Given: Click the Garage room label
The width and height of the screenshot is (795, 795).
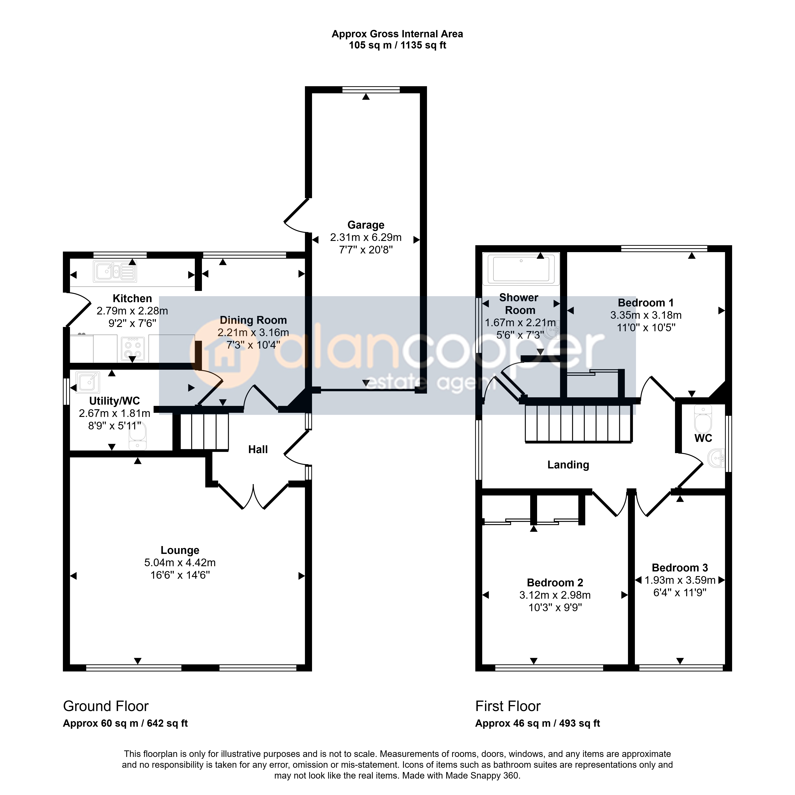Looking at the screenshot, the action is pyautogui.click(x=366, y=225).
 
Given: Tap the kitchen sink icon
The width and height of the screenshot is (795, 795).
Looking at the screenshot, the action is pyautogui.click(x=115, y=272).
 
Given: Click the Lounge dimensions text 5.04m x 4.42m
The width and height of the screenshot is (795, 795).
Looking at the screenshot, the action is pyautogui.click(x=180, y=562).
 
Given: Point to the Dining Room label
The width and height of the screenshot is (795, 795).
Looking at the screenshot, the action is pyautogui.click(x=253, y=320).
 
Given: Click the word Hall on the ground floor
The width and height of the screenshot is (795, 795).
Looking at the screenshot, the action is pyautogui.click(x=258, y=449).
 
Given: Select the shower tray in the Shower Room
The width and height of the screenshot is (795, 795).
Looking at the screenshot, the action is pyautogui.click(x=521, y=269).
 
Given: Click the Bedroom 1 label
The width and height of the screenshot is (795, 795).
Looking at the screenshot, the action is pyautogui.click(x=646, y=303).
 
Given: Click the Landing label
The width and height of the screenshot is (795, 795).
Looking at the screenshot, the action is pyautogui.click(x=568, y=465).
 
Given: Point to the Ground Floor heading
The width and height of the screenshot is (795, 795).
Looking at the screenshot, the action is pyautogui.click(x=106, y=706).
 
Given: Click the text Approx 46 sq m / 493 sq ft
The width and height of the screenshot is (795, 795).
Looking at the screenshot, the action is pyautogui.click(x=537, y=723).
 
